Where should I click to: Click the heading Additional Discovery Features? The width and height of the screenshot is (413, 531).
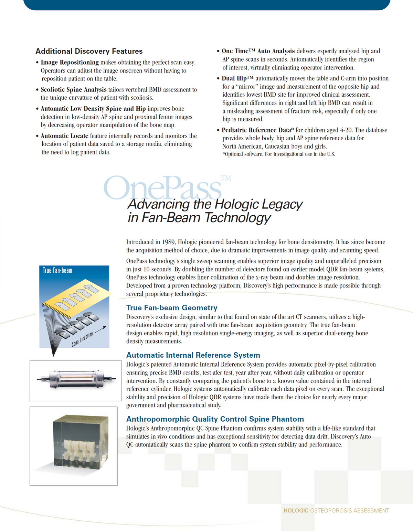(89, 51)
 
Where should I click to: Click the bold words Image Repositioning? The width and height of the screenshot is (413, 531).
(70, 62)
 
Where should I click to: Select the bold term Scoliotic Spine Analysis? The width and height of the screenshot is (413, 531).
(73, 89)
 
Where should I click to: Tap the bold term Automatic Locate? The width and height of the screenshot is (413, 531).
(64, 136)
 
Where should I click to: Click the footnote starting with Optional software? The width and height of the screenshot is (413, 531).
(279, 154)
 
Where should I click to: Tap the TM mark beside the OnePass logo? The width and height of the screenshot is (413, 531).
(226, 178)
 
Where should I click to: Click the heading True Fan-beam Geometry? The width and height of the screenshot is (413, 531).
(172, 308)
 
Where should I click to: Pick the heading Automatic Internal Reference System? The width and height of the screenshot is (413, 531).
(193, 355)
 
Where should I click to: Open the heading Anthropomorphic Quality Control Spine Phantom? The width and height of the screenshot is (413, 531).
(215, 419)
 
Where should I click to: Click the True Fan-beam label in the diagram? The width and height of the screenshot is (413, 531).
(57, 271)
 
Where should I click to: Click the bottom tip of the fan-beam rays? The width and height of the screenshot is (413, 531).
(53, 355)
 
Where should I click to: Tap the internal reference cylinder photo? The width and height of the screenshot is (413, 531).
(75, 379)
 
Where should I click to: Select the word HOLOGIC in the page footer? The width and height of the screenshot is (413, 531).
(296, 511)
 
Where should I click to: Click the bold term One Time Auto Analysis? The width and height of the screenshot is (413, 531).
(258, 51)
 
